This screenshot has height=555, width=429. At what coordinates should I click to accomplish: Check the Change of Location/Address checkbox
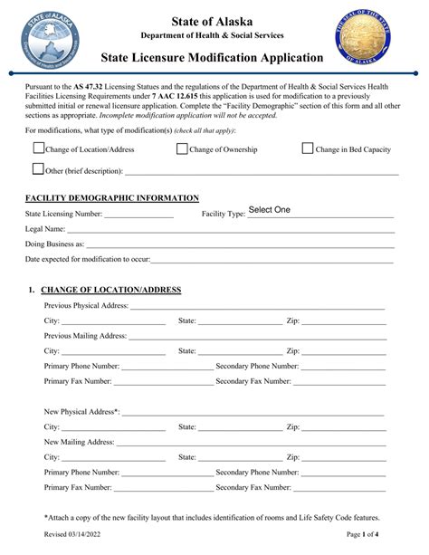tap(38, 149)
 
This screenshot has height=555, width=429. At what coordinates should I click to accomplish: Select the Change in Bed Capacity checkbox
tap(308, 149)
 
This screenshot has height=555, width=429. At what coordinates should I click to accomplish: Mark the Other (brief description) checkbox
tap(38, 168)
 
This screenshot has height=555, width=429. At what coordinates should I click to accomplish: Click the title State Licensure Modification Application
tap(214, 59)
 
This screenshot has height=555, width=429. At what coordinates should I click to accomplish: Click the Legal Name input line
tap(226, 232)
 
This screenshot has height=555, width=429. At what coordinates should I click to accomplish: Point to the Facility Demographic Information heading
tap(112, 197)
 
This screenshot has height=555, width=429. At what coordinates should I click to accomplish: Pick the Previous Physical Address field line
tap(257, 308)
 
